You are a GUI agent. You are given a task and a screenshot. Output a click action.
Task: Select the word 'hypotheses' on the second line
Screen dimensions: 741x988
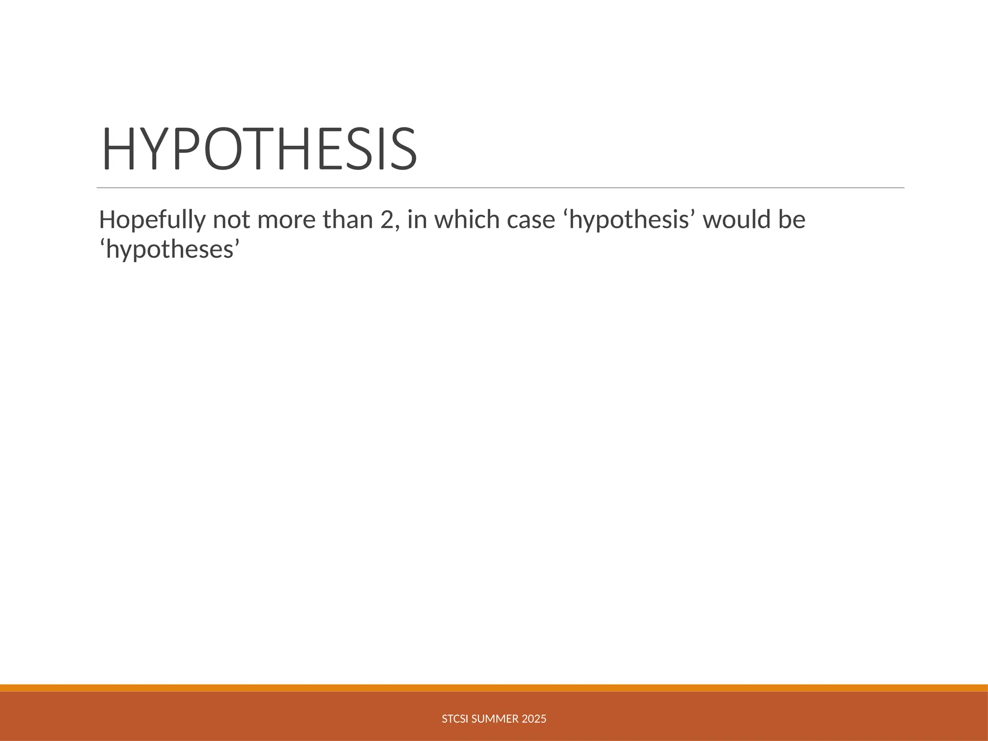tap(169, 250)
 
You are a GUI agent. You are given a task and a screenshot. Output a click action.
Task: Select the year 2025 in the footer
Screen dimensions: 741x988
tap(534, 719)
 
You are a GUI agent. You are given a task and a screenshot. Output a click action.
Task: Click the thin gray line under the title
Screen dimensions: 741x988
tap(500, 188)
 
